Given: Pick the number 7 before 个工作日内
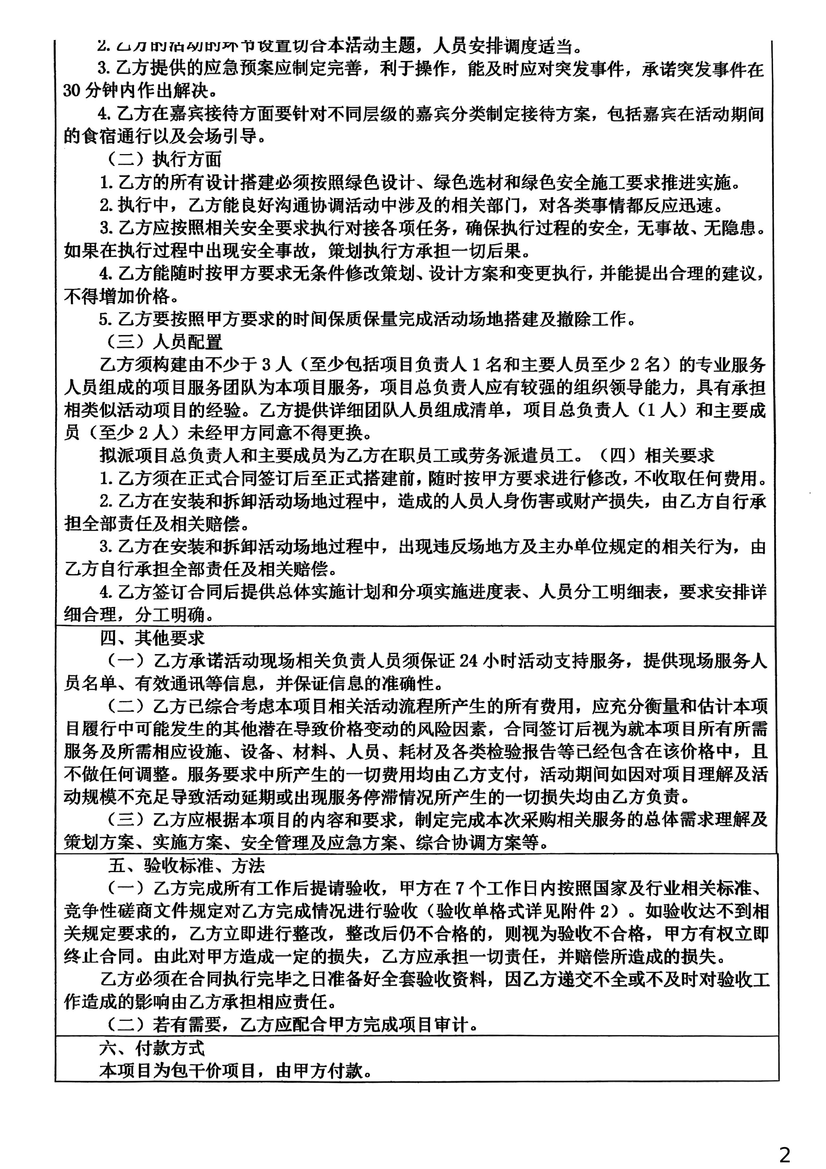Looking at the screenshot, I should tap(459, 889).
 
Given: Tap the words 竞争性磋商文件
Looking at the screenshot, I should tap(126, 912).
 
